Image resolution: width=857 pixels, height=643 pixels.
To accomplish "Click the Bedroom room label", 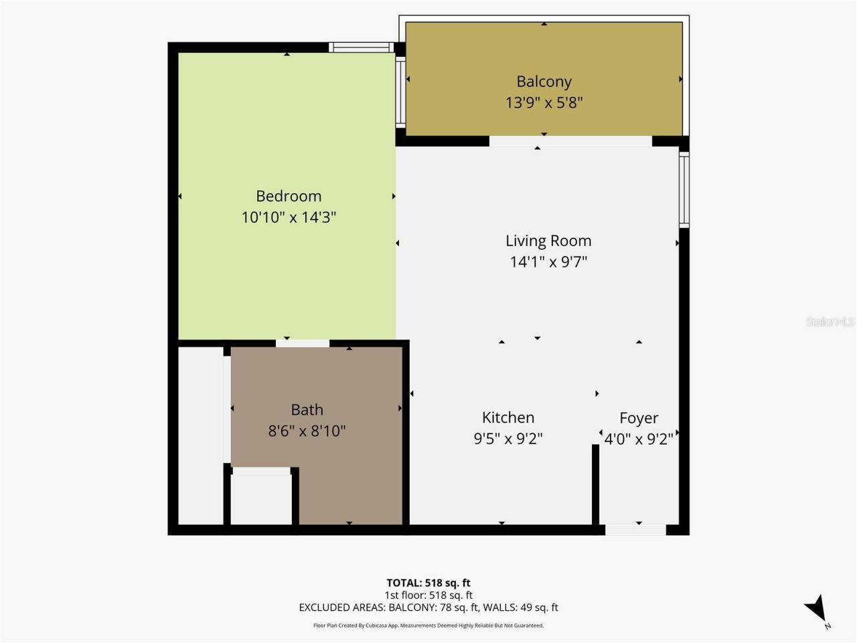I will [x=289, y=196].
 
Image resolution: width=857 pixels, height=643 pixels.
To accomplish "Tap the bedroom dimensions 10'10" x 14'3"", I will [x=289, y=217].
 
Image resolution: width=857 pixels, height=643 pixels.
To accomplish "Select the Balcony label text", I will [x=544, y=82].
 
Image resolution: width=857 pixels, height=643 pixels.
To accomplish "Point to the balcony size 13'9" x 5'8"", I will [x=544, y=102].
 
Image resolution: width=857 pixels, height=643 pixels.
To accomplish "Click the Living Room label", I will [x=548, y=241].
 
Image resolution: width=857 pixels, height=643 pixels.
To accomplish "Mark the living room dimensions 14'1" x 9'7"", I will [x=548, y=262].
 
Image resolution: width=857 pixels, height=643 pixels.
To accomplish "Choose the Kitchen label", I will [x=508, y=418].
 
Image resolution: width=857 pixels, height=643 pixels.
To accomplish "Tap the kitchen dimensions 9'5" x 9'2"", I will [x=508, y=439].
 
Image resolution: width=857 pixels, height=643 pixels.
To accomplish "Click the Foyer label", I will [x=639, y=419].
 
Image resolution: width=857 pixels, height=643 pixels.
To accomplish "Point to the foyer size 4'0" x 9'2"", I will [x=639, y=439].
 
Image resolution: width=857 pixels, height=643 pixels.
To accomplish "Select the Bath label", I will [x=307, y=410].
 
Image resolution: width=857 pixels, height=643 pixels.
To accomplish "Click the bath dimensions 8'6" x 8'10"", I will [x=307, y=431].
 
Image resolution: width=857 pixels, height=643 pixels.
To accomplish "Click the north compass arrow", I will [x=815, y=608].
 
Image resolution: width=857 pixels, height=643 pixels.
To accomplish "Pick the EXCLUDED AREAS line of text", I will [x=428, y=608].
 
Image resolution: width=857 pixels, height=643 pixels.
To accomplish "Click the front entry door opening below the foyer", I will [x=635, y=530].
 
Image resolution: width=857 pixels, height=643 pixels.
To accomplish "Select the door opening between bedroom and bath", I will [x=303, y=344].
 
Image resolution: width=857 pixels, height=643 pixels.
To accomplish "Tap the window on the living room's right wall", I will [x=684, y=190].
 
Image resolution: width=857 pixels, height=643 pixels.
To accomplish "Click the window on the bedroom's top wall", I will [x=362, y=48].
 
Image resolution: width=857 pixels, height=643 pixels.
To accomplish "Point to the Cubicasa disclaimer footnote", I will [x=428, y=626].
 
